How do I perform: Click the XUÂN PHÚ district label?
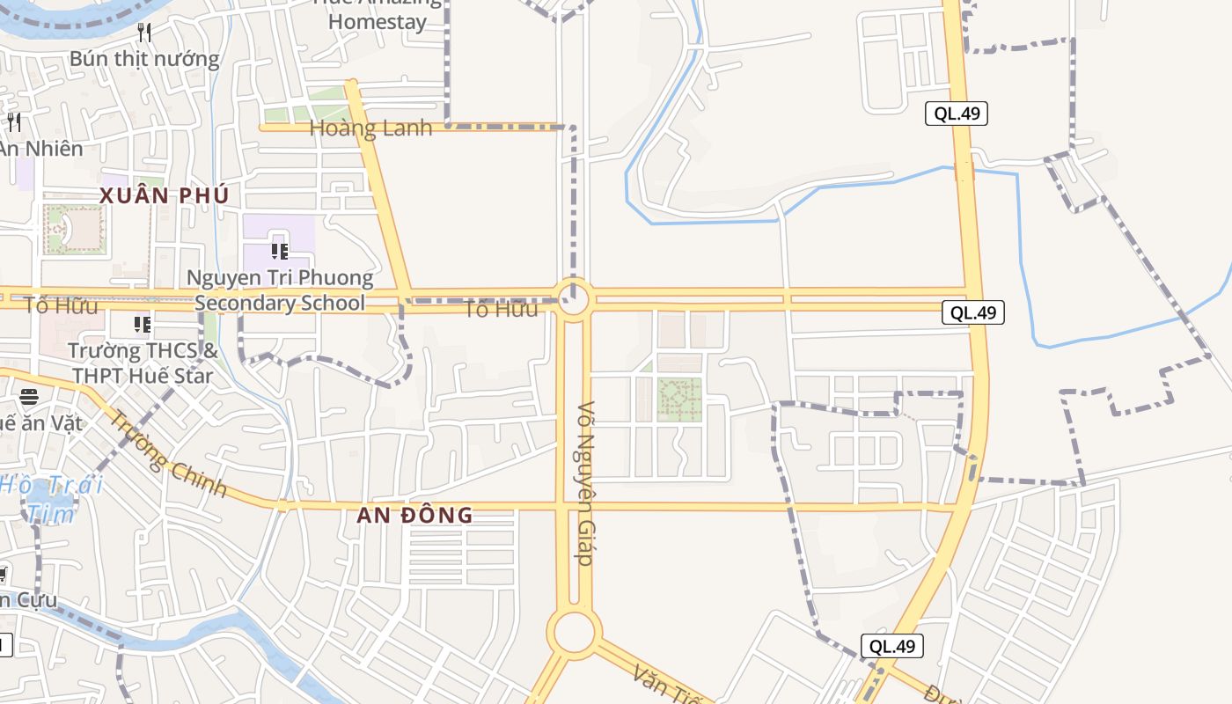164,195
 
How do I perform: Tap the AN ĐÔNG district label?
414,516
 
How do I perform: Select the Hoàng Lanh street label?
370,128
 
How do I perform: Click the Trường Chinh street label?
167,456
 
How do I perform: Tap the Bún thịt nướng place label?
144,59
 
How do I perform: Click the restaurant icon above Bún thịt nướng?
145,33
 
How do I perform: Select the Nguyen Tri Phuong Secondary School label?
280,290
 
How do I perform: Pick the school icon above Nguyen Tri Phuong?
280,251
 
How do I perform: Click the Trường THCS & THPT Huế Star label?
142,363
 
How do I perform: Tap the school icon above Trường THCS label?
142,325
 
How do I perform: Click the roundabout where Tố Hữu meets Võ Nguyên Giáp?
573,299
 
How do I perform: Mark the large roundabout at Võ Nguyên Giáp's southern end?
575,632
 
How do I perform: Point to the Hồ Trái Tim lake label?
51,497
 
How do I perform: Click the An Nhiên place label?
40,148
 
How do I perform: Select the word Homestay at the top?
378,22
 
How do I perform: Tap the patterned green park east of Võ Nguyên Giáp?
679,400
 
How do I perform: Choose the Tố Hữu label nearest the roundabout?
501,309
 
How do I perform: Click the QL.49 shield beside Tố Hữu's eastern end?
972,312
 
